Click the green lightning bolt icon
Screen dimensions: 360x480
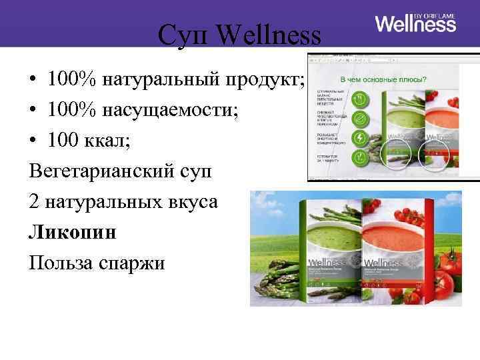coord(360,138)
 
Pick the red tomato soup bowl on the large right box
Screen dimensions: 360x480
coord(393,230)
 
